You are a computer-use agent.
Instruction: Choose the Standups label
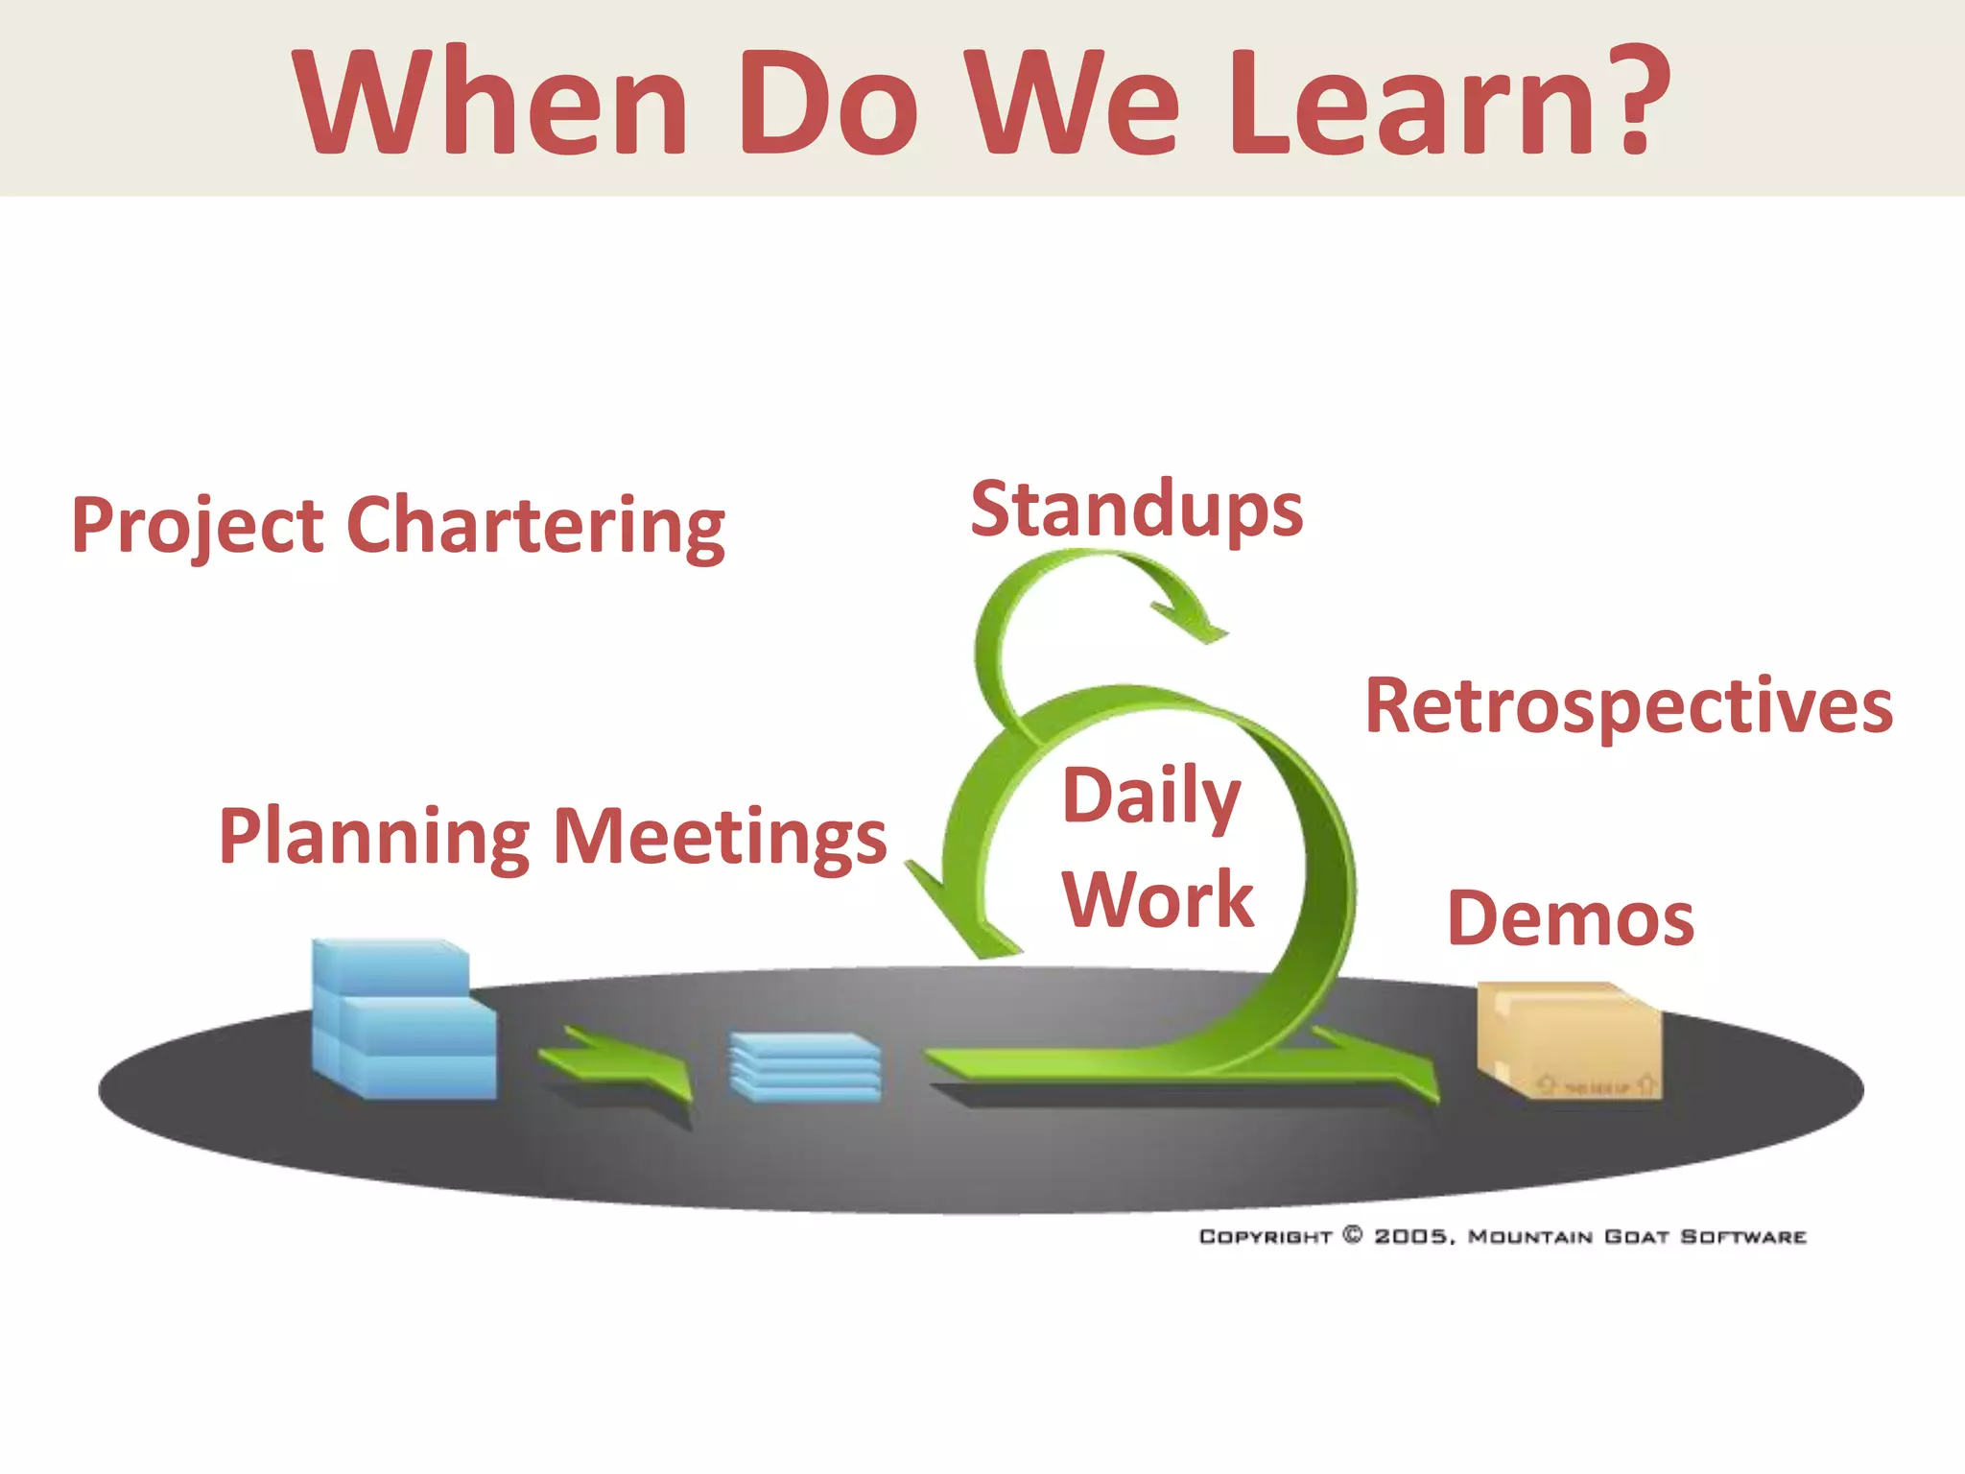1136,510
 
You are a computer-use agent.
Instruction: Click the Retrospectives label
1628,706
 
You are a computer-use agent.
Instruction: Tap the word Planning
374,837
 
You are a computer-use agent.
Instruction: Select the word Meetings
721,836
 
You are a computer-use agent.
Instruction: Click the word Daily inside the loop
1151,796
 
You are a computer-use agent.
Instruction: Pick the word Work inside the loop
1158,899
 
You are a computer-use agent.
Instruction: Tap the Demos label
1570,918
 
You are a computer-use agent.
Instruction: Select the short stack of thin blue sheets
805,1066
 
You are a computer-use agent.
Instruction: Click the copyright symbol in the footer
1353,1235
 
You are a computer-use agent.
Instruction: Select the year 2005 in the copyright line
1411,1236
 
